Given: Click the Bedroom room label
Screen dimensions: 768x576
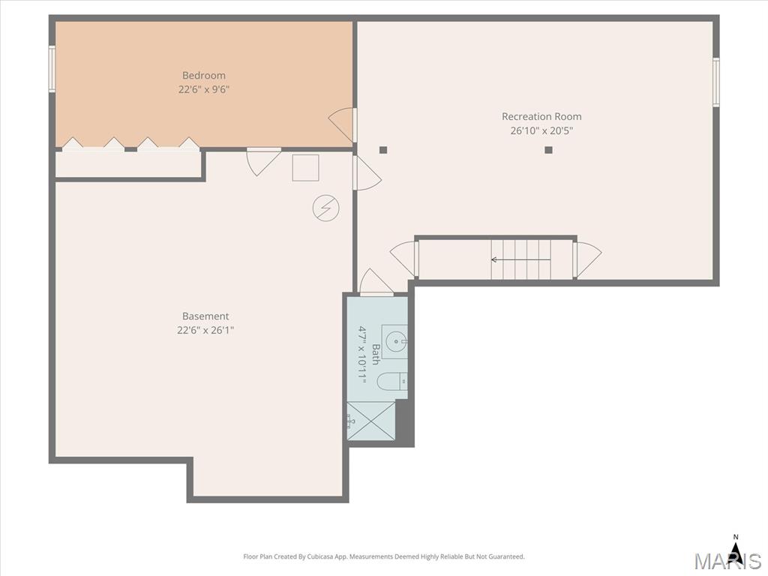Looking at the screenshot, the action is (204, 76).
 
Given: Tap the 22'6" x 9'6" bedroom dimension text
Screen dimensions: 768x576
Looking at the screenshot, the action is (204, 90).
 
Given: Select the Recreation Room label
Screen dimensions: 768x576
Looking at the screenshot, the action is (541, 116).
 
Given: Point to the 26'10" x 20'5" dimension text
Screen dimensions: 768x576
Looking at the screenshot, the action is (541, 130).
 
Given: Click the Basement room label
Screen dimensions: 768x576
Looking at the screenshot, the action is (205, 316).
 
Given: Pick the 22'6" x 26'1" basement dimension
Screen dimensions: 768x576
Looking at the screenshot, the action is (205, 330).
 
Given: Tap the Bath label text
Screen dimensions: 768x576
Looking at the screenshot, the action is (376, 354).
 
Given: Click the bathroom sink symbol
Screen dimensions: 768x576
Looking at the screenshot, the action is (394, 341).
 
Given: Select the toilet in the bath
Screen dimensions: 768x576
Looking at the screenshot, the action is (392, 382).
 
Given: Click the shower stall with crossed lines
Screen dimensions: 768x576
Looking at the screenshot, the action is (370, 421).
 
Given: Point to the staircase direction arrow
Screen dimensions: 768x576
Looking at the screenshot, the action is (520, 259).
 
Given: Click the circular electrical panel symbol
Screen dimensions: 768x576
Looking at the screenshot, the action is (325, 208).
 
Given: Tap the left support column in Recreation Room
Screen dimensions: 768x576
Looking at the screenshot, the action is (383, 150).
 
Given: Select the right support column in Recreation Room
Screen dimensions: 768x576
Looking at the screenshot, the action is (548, 150).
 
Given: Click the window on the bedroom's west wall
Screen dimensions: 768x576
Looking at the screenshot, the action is (52, 68).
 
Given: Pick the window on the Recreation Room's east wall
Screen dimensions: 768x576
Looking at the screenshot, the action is (716, 81).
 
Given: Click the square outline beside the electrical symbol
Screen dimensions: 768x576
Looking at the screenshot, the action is (306, 168).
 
